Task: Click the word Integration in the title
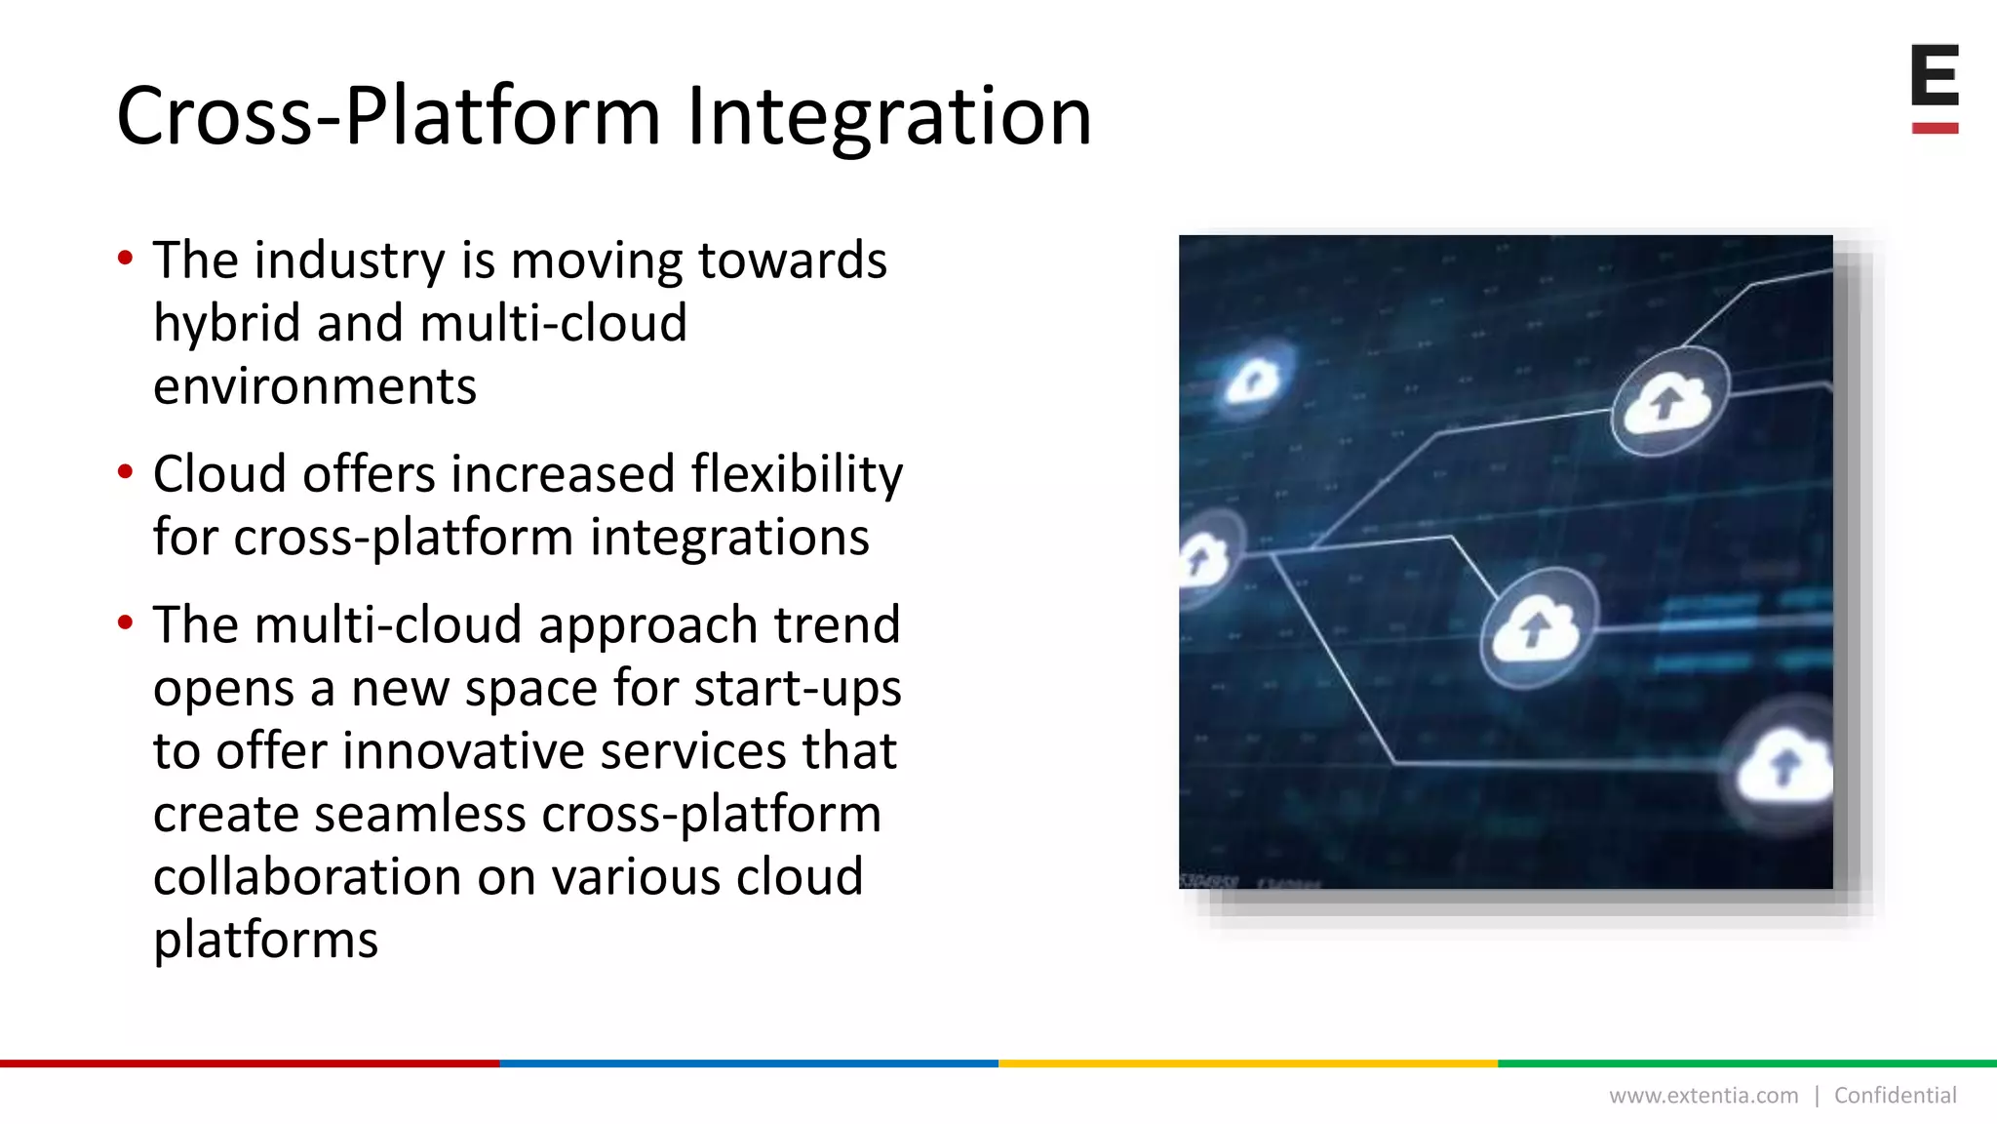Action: (x=888, y=117)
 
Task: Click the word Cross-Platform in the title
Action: (x=388, y=117)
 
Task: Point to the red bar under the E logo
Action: (x=1935, y=128)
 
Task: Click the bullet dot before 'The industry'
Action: (x=125, y=259)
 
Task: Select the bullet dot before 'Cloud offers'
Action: (x=125, y=472)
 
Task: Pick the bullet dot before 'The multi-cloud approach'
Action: (x=125, y=622)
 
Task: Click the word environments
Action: (x=315, y=386)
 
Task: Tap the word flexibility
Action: (x=797, y=475)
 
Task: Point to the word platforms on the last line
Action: (x=265, y=941)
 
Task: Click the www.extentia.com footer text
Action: (x=1703, y=1096)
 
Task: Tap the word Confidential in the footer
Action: (x=1895, y=1096)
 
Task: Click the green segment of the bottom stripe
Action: (x=1746, y=1064)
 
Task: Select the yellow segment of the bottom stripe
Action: (x=1247, y=1064)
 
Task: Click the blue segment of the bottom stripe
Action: (x=748, y=1064)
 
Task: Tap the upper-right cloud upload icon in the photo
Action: (x=1669, y=402)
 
